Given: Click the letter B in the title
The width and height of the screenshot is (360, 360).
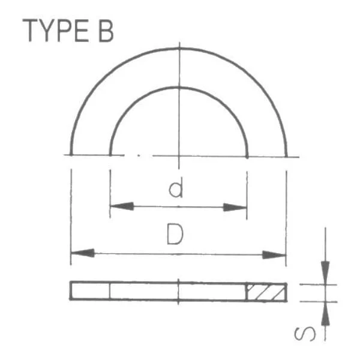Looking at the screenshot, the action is [x=106, y=31].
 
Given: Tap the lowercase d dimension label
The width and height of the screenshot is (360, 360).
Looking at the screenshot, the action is [x=176, y=187].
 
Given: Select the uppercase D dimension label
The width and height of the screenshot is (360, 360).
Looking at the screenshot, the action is [x=175, y=234].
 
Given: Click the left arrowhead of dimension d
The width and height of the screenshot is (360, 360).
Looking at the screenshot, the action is [x=122, y=206].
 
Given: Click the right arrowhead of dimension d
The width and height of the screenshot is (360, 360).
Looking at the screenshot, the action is [x=235, y=208].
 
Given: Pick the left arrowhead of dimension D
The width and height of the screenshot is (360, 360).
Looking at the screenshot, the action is [x=83, y=253].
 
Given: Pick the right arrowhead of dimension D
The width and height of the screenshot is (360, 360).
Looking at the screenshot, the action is [x=274, y=254].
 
